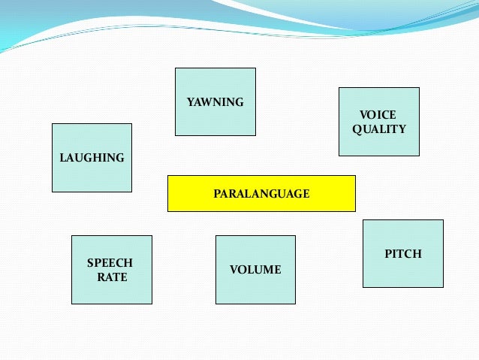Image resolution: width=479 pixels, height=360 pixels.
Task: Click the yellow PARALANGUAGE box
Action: tap(261, 193)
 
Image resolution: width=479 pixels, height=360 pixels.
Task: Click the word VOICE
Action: tap(378, 115)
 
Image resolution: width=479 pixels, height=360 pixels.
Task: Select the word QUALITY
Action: tap(379, 129)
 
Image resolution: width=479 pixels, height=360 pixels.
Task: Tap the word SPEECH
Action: tap(110, 263)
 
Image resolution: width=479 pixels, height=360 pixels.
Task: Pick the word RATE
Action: tap(113, 277)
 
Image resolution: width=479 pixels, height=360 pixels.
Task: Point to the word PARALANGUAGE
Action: tap(261, 194)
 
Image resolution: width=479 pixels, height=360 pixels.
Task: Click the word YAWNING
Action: tap(215, 102)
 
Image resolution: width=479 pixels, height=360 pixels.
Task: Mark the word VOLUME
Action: tap(255, 270)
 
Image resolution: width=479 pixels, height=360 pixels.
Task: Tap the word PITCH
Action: tap(403, 254)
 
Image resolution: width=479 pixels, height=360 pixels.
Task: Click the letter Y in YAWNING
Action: tap(190, 102)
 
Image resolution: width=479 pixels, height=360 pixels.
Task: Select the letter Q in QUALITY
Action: tap(357, 129)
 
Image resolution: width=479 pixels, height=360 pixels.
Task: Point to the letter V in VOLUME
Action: tap(233, 270)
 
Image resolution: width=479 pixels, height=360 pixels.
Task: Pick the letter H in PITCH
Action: tap(417, 254)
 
